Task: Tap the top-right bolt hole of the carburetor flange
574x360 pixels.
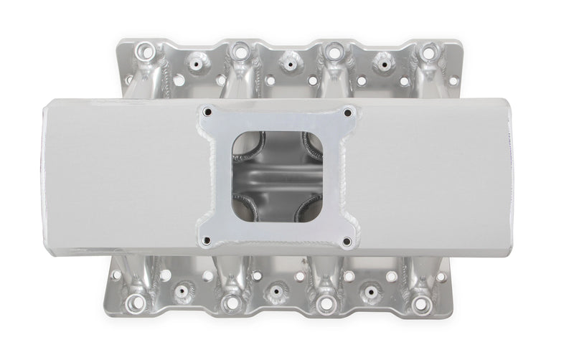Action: tap(347, 113)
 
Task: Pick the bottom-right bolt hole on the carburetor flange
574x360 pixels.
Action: tap(347, 241)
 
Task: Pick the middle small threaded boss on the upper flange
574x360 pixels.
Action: tap(288, 64)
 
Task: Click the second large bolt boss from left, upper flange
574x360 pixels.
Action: tap(238, 52)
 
